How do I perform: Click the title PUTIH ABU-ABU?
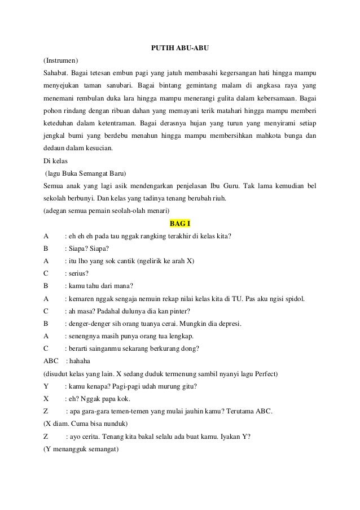click(180, 48)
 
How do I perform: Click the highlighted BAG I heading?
click(180, 223)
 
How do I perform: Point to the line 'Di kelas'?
click(55, 160)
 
